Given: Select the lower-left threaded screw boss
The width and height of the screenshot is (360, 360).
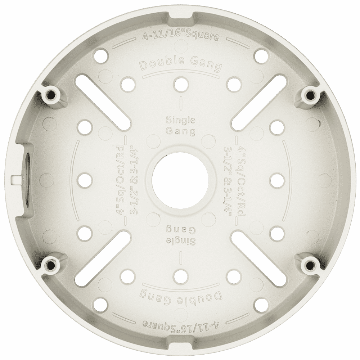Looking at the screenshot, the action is (x=50, y=265).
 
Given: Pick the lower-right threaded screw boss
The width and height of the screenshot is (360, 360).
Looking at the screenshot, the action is (x=310, y=265).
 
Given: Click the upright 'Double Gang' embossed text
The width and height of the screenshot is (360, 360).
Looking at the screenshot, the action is (x=181, y=65).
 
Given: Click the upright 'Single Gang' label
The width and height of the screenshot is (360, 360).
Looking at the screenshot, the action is (x=181, y=126).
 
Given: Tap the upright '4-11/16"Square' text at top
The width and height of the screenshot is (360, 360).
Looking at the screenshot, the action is (x=180, y=37).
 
